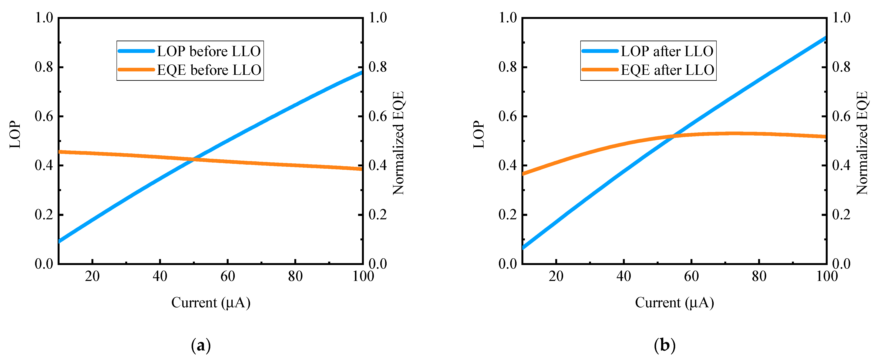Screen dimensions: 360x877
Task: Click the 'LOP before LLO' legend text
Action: pyautogui.click(x=208, y=51)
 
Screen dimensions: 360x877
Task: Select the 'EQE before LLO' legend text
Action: pyautogui.click(x=209, y=70)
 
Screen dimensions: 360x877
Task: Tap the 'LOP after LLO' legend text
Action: pyautogui.click(x=667, y=51)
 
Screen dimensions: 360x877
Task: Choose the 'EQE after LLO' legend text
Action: pyautogui.click(x=667, y=70)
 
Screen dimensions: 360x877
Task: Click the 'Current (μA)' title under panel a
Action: pyautogui.click(x=211, y=302)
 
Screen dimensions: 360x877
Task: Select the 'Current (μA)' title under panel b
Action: pyautogui.click(x=674, y=302)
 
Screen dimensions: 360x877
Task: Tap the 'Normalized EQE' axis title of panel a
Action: pyautogui.click(x=398, y=143)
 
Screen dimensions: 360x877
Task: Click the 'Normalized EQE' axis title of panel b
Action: pyautogui.click(x=862, y=143)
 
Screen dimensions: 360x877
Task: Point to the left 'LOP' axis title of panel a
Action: pyautogui.click(x=15, y=135)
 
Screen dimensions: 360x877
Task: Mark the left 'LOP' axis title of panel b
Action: pyautogui.click(x=479, y=135)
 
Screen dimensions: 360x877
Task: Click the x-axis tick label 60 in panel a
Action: pyautogui.click(x=227, y=276)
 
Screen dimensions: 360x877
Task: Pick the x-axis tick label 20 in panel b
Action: pyautogui.click(x=556, y=276)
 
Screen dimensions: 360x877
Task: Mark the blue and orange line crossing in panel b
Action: pyautogui.click(x=673, y=136)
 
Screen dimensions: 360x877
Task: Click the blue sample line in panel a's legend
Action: pyautogui.click(x=136, y=51)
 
